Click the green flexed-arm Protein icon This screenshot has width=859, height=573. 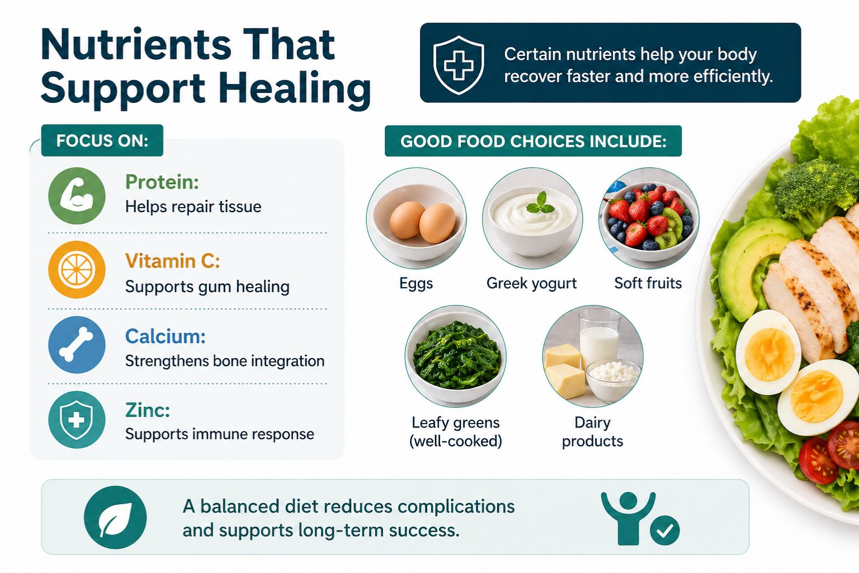point(77,196)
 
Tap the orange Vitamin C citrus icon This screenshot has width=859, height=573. point(77,270)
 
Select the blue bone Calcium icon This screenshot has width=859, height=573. point(77,345)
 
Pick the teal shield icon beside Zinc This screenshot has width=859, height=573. point(77,420)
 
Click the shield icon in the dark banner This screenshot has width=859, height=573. point(459,64)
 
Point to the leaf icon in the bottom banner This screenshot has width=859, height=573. point(115,517)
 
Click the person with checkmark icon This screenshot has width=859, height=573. point(638,518)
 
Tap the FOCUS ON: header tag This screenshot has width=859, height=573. point(102,140)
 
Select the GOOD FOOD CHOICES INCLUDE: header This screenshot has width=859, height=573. point(533,141)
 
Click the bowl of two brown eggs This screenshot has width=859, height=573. point(417,220)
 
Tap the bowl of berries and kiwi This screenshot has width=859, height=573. point(649,218)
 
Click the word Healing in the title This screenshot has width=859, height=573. point(294,90)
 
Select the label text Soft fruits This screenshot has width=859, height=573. point(648,283)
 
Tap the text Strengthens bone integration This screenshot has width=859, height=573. point(225,361)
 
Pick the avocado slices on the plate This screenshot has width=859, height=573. point(747,263)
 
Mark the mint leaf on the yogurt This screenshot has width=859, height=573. point(540,204)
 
